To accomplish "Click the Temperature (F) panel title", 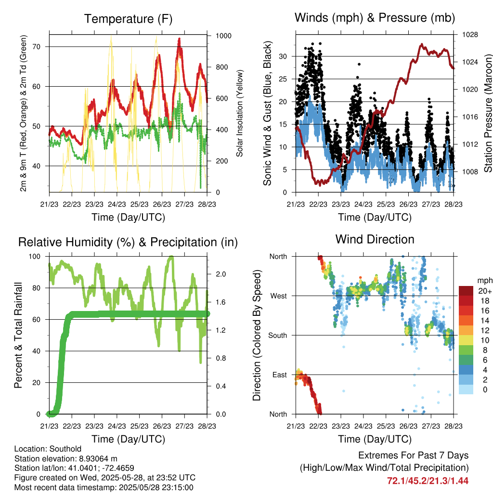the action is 128,19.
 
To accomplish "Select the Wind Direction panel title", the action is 375,239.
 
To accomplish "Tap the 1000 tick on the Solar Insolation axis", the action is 223,36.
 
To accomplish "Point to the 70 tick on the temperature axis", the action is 37,47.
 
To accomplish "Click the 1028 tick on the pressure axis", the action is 470,35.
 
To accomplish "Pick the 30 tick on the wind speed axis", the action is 283,57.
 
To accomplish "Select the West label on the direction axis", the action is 279,296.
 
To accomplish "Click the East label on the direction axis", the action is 280,375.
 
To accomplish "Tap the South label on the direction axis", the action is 278,336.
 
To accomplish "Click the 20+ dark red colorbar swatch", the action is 466,291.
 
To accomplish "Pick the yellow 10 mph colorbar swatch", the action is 466,340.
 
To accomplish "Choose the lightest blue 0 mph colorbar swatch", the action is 466,389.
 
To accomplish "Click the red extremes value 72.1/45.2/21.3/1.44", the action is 428,481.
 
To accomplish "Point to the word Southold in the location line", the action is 65,449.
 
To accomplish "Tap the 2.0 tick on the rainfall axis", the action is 221,274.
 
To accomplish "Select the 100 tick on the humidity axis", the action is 35,257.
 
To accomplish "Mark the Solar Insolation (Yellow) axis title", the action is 240,113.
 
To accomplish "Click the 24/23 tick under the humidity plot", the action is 117,426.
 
